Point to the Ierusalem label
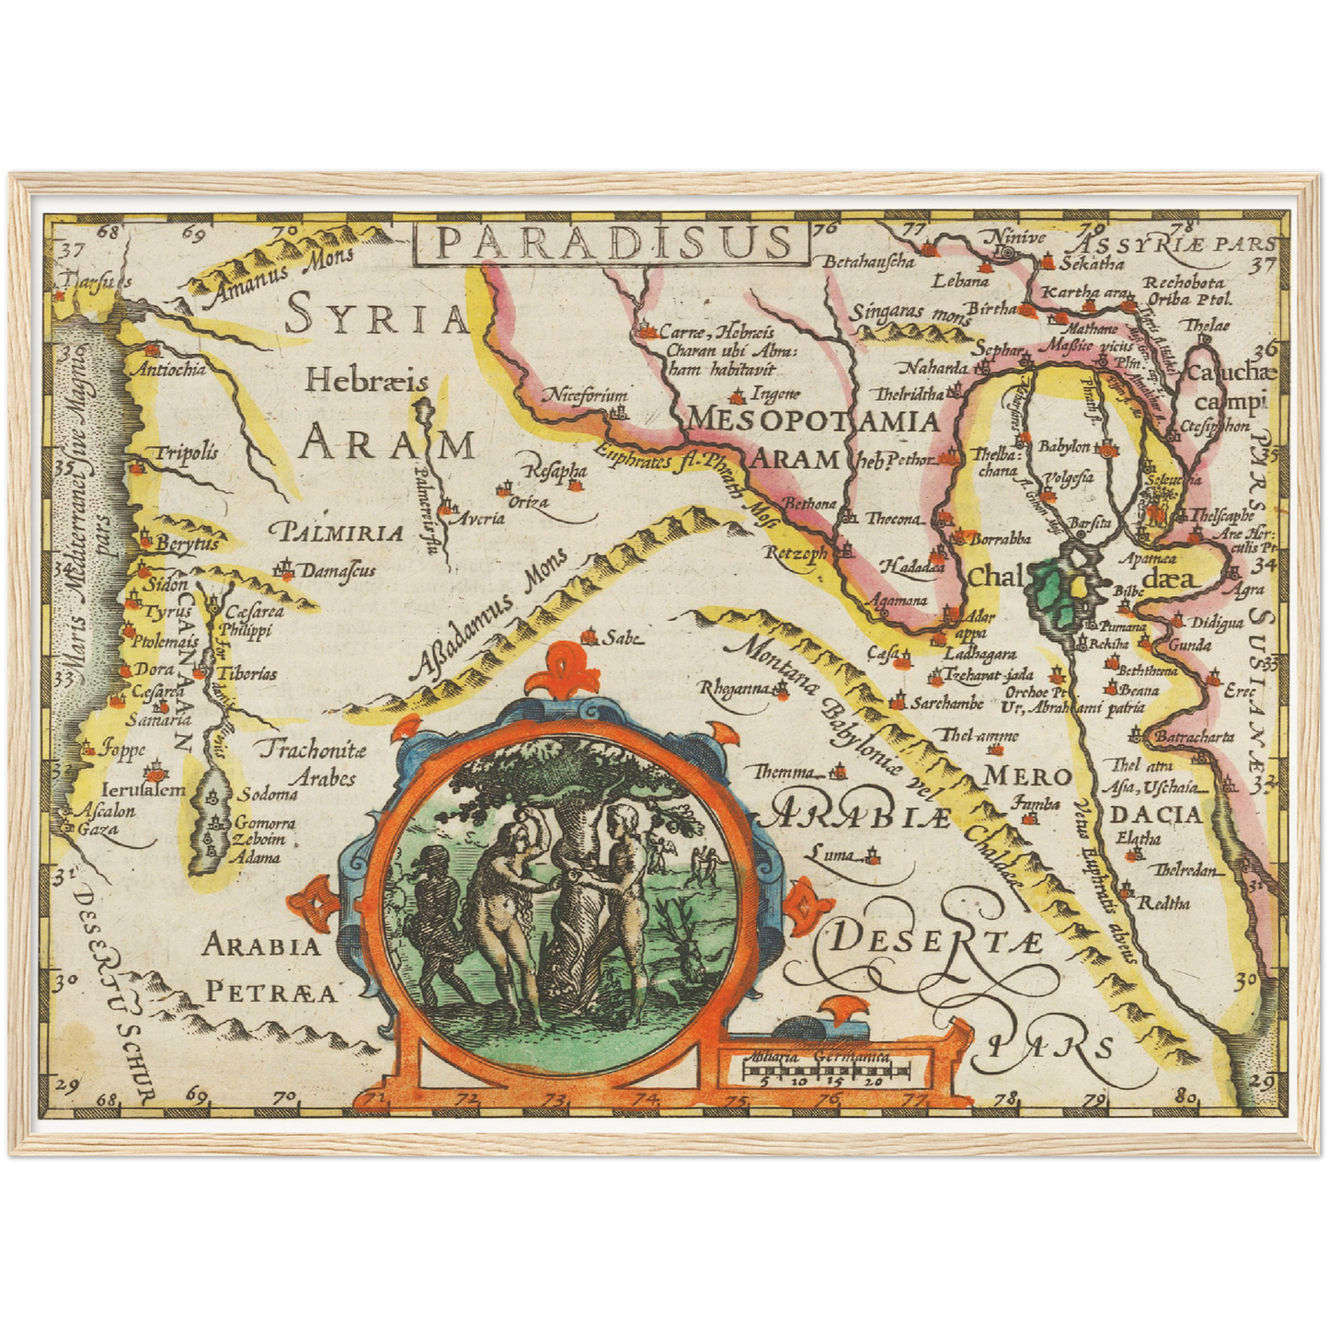[x=143, y=789]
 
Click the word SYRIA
[x=377, y=318]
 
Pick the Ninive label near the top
[x=1016, y=238]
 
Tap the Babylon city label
[x=1064, y=447]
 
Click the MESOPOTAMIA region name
[x=813, y=421]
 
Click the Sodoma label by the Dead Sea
[x=269, y=794]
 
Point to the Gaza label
[x=99, y=829]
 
